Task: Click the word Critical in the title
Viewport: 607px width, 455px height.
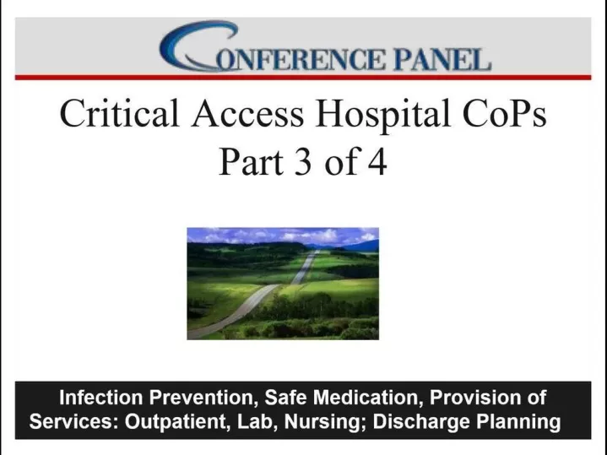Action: [119, 113]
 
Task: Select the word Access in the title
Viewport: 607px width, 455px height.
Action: [247, 113]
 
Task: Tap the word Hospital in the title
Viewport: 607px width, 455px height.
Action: [383, 115]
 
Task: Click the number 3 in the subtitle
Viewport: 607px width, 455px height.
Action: [303, 161]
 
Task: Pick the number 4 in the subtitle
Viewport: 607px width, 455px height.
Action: [377, 161]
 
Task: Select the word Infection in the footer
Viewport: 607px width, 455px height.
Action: [101, 398]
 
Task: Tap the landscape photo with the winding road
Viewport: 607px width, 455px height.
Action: [283, 284]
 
